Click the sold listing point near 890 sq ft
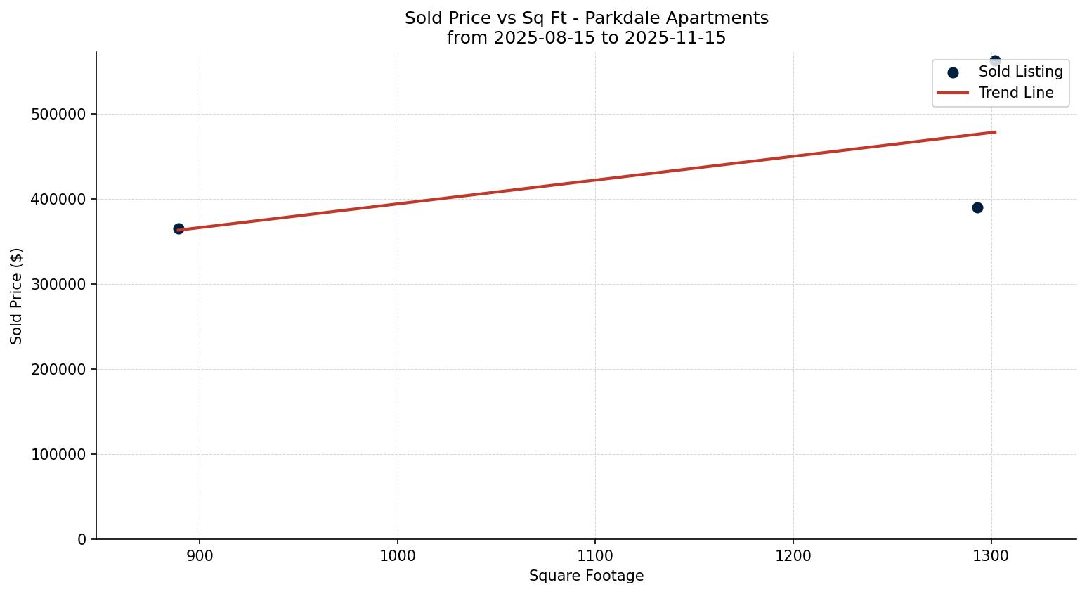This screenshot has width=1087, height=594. [178, 228]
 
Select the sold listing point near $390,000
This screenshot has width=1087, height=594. [977, 207]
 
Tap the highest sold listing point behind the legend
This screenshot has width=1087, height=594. [995, 60]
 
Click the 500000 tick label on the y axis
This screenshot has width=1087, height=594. [58, 114]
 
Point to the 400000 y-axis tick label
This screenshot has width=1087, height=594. [58, 199]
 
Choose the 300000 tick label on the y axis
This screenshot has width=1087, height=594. [58, 284]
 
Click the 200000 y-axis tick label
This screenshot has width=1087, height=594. [58, 369]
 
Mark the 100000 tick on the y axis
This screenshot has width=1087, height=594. [58, 454]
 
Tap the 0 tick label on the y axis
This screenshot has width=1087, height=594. [82, 539]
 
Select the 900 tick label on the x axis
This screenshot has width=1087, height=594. [200, 556]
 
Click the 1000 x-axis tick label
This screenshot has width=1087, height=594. [398, 556]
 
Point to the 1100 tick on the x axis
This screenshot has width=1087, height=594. [595, 556]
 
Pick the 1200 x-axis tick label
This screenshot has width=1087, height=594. [793, 556]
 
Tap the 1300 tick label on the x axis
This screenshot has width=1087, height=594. [991, 556]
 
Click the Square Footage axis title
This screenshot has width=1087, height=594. [586, 576]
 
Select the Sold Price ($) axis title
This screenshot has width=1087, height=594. [17, 296]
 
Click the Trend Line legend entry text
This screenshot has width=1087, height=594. [1016, 93]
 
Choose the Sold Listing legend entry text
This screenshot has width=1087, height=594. [1020, 72]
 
